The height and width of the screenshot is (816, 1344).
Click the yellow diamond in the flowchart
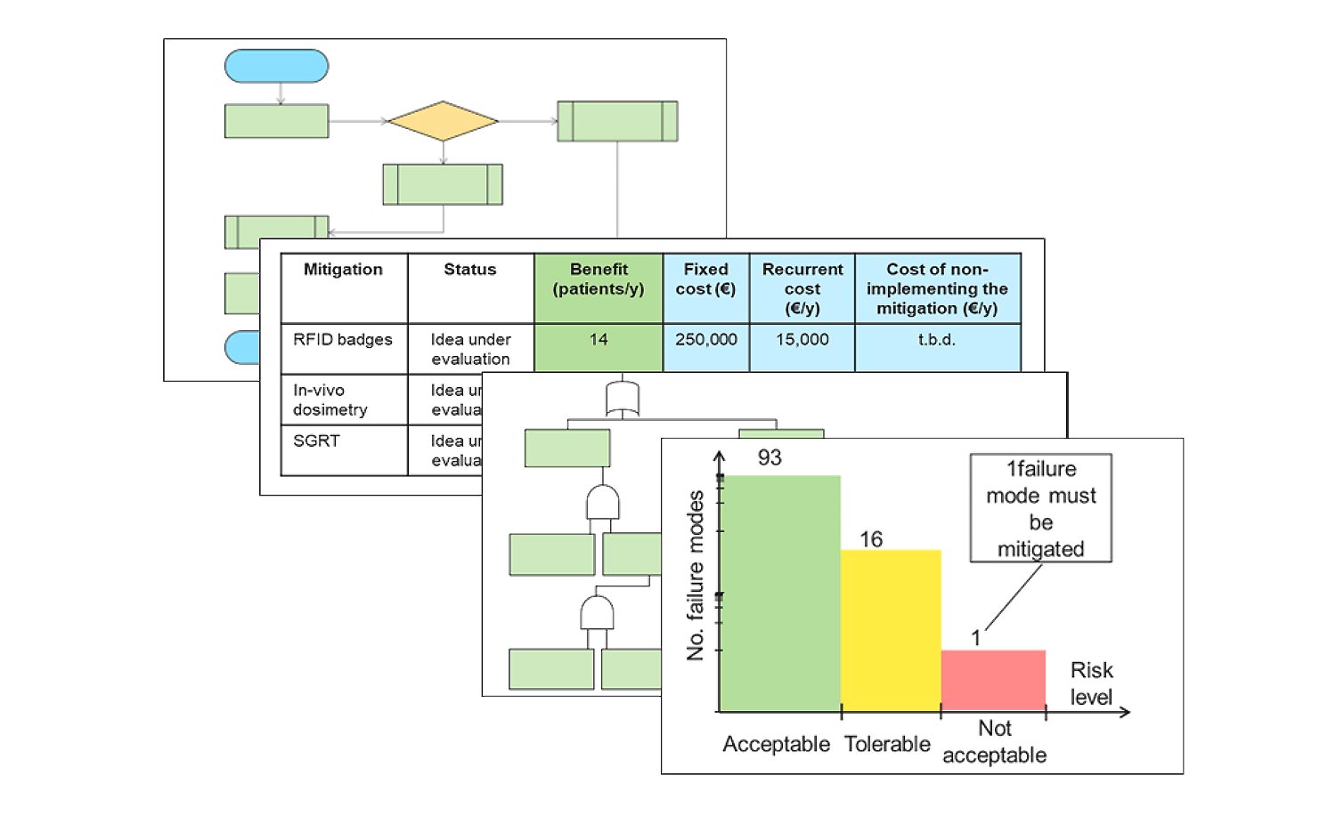(x=443, y=121)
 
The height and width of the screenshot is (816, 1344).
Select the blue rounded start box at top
(x=276, y=67)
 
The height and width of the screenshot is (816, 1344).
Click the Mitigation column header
(x=343, y=270)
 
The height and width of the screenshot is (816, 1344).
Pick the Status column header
(x=470, y=270)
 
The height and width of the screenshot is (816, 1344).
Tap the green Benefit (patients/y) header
(x=599, y=279)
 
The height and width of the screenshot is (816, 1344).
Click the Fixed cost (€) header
(x=705, y=279)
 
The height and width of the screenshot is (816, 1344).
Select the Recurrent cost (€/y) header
(x=802, y=288)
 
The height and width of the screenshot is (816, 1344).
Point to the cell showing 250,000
(x=705, y=340)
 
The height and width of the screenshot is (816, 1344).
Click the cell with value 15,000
(x=802, y=340)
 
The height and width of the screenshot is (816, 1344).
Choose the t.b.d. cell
(x=936, y=340)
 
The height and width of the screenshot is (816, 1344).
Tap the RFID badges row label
(x=343, y=340)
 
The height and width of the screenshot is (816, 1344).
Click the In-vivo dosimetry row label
(x=330, y=400)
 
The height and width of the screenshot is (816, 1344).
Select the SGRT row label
(x=316, y=441)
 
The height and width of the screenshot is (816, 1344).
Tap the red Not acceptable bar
(x=993, y=680)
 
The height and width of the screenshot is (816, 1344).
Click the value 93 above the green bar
(x=770, y=457)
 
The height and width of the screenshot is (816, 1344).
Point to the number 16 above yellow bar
(x=871, y=539)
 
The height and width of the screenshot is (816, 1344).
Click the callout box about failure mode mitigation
(x=1040, y=508)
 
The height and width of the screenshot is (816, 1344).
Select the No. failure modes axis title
(x=696, y=576)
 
